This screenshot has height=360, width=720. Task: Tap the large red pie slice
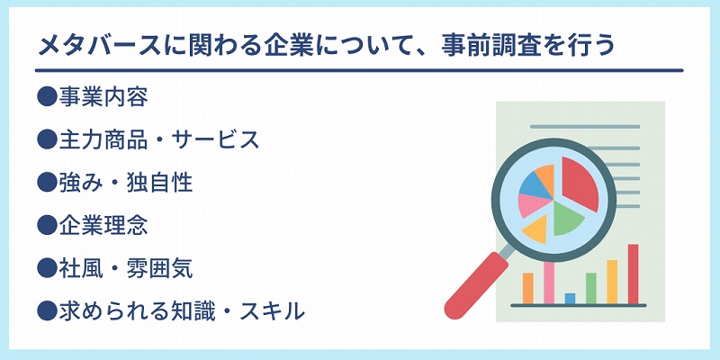(579, 183)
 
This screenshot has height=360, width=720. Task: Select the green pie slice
(567, 219)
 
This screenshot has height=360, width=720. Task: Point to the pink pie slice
(534, 205)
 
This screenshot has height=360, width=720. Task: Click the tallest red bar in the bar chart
(634, 274)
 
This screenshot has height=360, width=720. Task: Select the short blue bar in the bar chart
(570, 299)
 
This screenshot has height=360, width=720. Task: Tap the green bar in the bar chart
(591, 288)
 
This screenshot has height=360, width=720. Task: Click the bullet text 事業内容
(103, 97)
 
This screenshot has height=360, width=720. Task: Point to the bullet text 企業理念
(103, 226)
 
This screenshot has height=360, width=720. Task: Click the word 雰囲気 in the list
(159, 269)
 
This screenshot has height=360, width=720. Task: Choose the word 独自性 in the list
(159, 183)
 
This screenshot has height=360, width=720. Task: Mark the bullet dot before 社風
(47, 269)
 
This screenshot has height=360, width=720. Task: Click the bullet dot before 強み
(47, 183)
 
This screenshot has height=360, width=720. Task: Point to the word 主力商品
(103, 140)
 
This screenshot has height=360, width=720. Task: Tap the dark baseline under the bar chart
(579, 305)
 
